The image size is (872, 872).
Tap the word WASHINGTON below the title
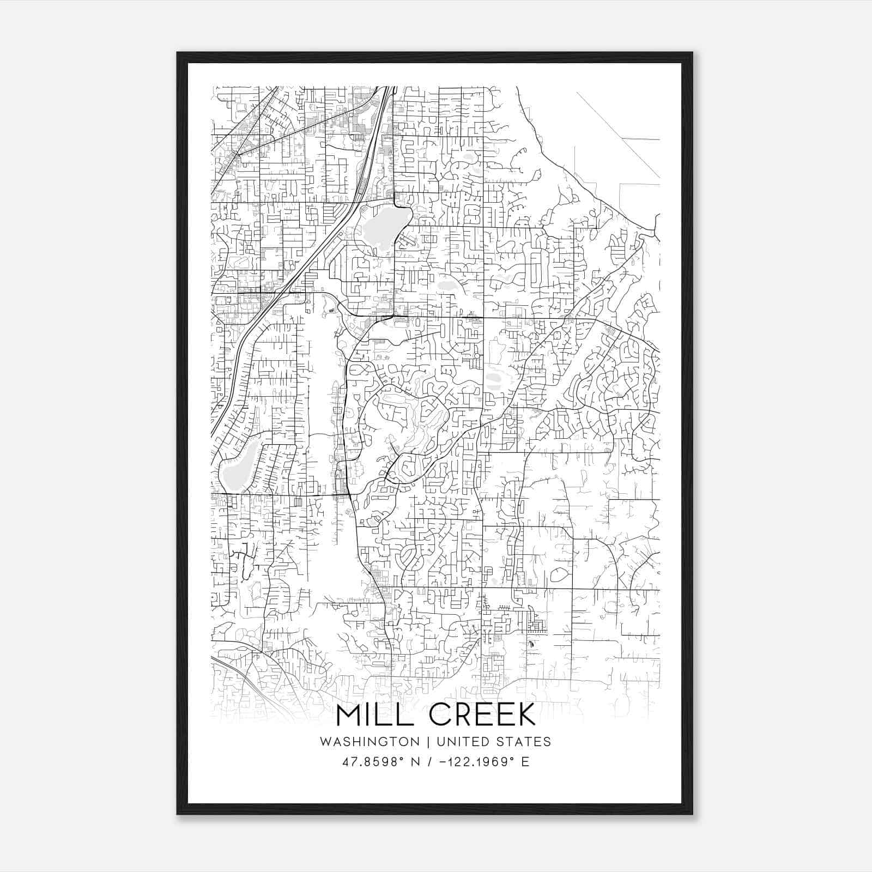[x=370, y=742]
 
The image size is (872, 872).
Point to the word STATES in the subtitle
[x=524, y=742]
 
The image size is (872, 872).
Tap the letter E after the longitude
[x=525, y=762]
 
